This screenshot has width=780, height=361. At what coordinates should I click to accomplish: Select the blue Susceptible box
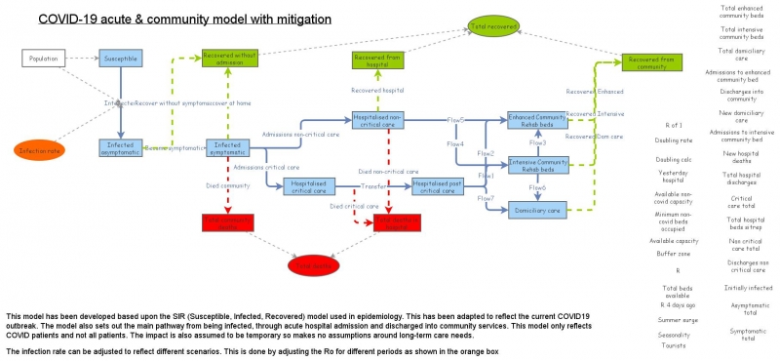tap(121, 59)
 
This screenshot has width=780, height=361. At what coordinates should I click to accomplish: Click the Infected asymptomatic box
tap(121, 147)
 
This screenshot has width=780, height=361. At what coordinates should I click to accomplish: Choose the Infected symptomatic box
tap(228, 147)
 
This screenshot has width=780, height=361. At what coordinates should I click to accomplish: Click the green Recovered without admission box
tap(228, 59)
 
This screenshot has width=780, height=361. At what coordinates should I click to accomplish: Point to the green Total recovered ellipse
tap(494, 25)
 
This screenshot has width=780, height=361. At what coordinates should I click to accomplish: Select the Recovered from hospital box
tap(378, 61)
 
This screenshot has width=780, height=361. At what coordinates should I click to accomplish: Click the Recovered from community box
tap(651, 60)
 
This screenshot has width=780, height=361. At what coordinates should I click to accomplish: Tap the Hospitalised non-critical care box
tap(378, 119)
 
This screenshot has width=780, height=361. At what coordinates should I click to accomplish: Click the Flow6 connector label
tap(537, 187)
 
